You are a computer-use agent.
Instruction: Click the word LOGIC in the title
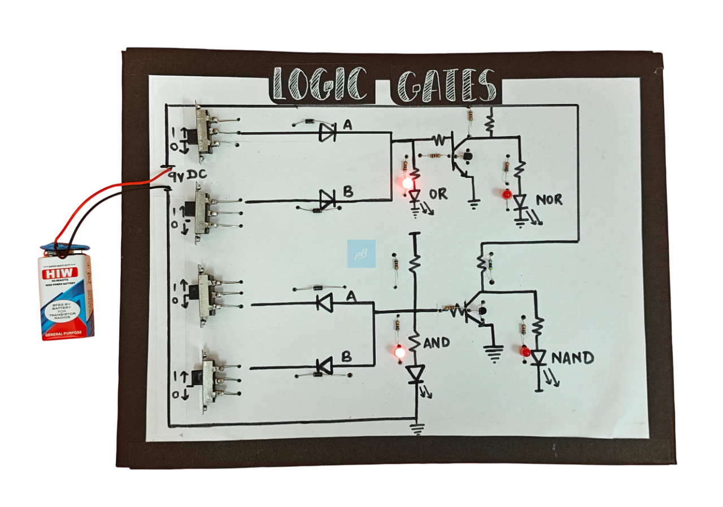point(321,85)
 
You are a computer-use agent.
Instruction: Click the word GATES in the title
point(446,86)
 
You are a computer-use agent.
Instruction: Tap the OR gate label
point(438,194)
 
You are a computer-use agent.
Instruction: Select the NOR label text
point(548,200)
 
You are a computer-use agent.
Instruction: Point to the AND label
point(437,343)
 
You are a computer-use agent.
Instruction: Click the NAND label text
point(572,358)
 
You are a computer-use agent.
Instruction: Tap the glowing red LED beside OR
point(407,184)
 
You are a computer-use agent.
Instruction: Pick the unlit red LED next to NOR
point(507,194)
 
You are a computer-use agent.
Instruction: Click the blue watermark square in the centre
point(361,253)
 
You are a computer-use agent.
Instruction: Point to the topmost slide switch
point(204,128)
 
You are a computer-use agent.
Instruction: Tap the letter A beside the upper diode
point(347,125)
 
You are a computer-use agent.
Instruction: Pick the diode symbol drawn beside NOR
point(520,202)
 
